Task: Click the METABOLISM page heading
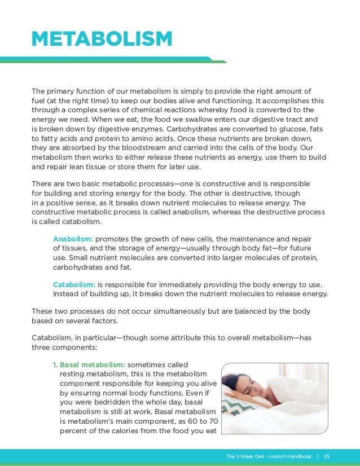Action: tap(102, 39)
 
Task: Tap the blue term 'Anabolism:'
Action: tap(73, 238)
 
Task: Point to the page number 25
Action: tap(327, 456)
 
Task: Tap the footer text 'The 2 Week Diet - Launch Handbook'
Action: tap(268, 456)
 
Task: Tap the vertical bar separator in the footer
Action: tap(318, 456)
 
